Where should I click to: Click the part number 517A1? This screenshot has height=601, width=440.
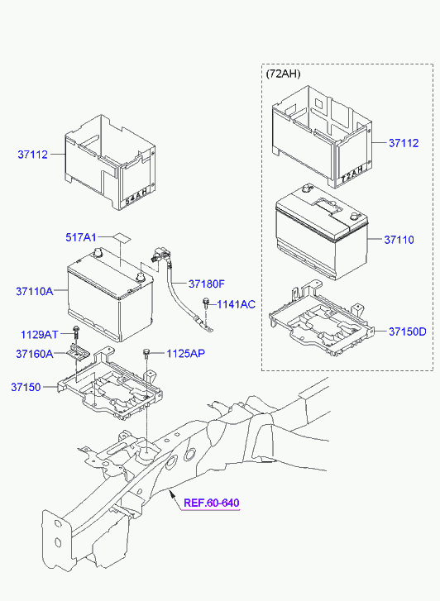click(x=80, y=237)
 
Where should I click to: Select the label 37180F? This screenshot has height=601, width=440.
click(x=207, y=284)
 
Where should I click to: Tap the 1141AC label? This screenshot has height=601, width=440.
click(x=236, y=305)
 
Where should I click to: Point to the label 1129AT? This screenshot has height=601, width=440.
click(x=39, y=335)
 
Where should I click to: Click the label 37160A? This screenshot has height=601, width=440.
click(x=35, y=353)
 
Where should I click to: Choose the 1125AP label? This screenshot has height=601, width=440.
click(x=185, y=353)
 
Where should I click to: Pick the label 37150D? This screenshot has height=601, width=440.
click(x=408, y=332)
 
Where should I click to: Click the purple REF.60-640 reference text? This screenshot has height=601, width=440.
click(x=212, y=503)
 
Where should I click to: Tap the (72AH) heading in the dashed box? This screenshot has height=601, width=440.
click(x=283, y=74)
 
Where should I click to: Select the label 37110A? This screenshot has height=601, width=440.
click(x=35, y=291)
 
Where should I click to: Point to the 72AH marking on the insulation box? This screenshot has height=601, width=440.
click(x=352, y=174)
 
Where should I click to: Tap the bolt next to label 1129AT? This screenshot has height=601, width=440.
click(x=76, y=332)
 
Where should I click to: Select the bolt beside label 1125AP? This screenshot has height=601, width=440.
click(x=146, y=353)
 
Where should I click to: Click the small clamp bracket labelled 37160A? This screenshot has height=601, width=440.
click(x=79, y=353)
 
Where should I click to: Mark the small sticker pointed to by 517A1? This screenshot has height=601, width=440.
click(x=122, y=237)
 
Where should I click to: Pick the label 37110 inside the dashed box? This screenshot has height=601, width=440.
click(x=399, y=240)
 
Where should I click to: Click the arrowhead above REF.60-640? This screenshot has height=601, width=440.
click(x=172, y=495)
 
